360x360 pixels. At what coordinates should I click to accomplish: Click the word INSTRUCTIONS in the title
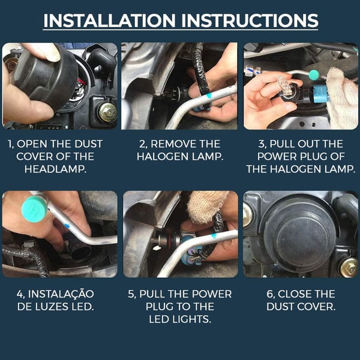247,20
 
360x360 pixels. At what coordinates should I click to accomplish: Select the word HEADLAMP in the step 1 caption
59,169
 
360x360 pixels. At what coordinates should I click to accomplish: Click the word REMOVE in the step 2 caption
176,144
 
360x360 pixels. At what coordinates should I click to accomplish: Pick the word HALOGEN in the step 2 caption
163,157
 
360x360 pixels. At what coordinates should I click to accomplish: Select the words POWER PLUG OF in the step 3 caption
300,157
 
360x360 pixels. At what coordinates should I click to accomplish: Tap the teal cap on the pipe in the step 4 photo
34,207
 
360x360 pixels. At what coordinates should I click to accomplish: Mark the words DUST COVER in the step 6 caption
301,307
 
